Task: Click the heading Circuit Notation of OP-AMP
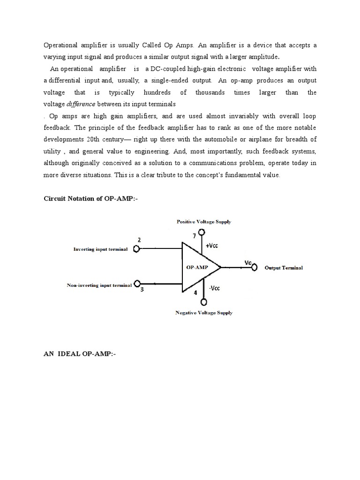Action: (x=91, y=199)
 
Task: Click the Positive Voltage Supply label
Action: (x=203, y=222)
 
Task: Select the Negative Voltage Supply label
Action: (x=203, y=313)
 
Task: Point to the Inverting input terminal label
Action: (x=100, y=249)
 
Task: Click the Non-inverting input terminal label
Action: (x=99, y=285)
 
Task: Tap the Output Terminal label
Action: (x=284, y=268)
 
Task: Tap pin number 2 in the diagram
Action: (x=139, y=240)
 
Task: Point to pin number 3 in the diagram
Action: (x=142, y=291)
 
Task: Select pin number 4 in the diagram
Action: (x=195, y=293)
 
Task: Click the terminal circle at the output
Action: (x=254, y=268)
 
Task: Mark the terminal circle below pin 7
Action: (x=201, y=232)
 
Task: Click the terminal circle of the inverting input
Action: (x=137, y=249)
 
